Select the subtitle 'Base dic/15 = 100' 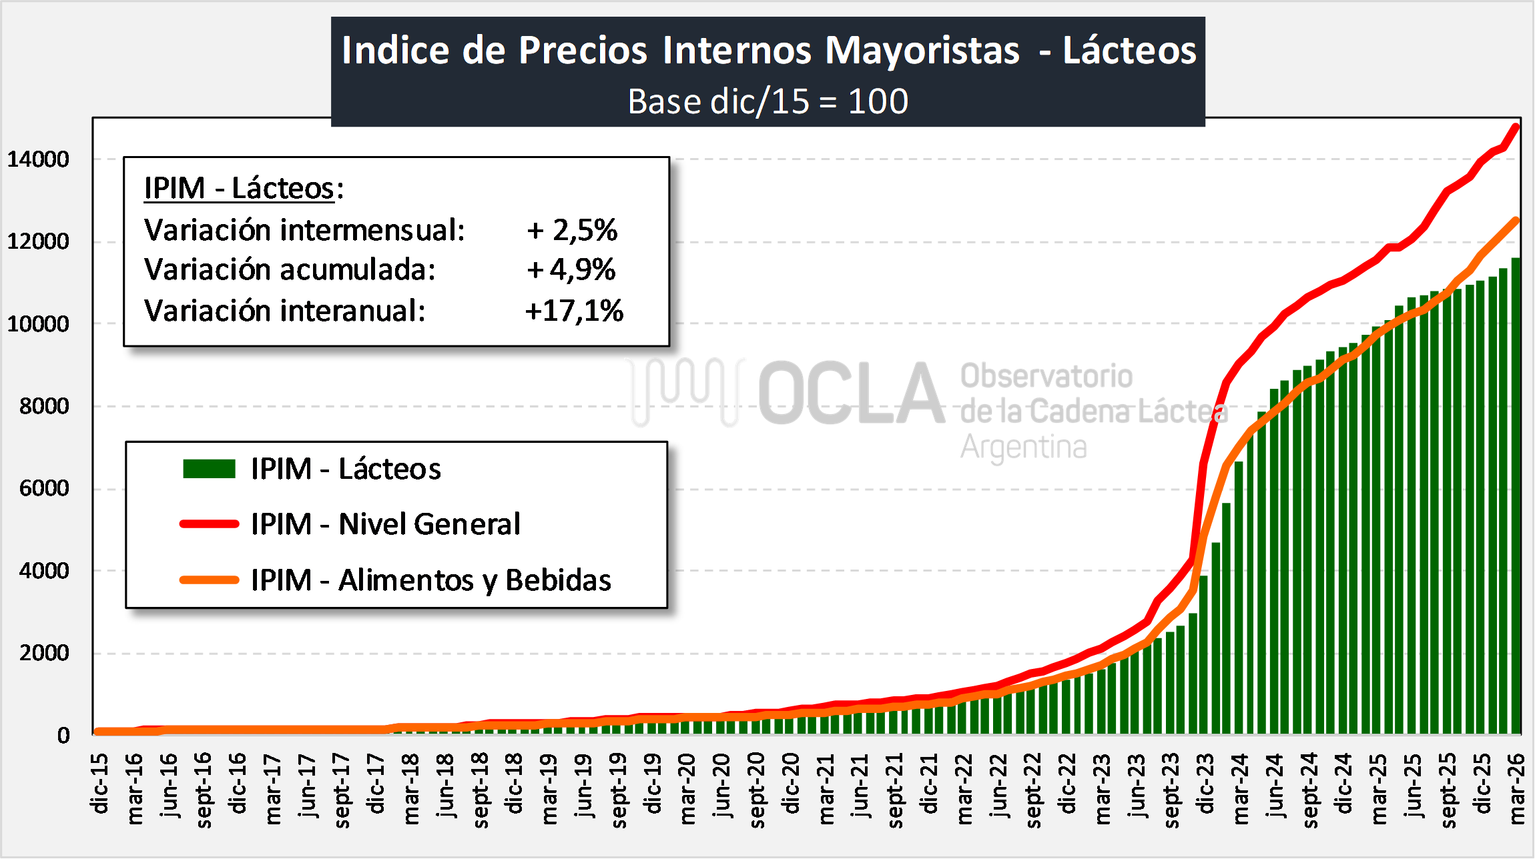click(x=768, y=101)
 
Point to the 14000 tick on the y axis click(x=38, y=159)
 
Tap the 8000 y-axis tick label click(x=44, y=406)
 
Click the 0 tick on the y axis click(x=63, y=736)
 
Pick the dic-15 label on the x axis click(x=99, y=784)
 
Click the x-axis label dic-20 click(x=791, y=784)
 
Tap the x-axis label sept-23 click(x=1171, y=790)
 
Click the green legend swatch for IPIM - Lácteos click(x=209, y=469)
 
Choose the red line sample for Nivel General click(x=209, y=524)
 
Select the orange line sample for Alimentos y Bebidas click(x=209, y=580)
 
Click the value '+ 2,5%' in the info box click(x=572, y=230)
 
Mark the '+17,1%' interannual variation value click(x=574, y=311)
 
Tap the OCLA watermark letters click(x=851, y=393)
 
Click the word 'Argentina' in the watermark click(x=1023, y=447)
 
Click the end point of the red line click(x=1516, y=126)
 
